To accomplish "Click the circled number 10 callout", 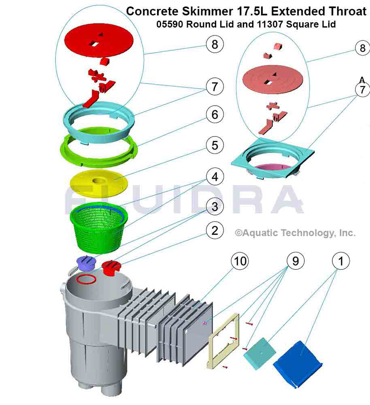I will point(240,262).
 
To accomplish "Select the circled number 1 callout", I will point(341,262).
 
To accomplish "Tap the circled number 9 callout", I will point(296,262).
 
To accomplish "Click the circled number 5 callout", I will point(215,145).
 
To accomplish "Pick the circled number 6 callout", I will point(215,115).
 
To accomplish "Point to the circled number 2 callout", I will point(215,231).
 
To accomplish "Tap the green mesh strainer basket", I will point(99,227).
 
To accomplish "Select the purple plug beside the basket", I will point(86,263).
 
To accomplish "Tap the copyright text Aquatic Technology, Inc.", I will point(296,233).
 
